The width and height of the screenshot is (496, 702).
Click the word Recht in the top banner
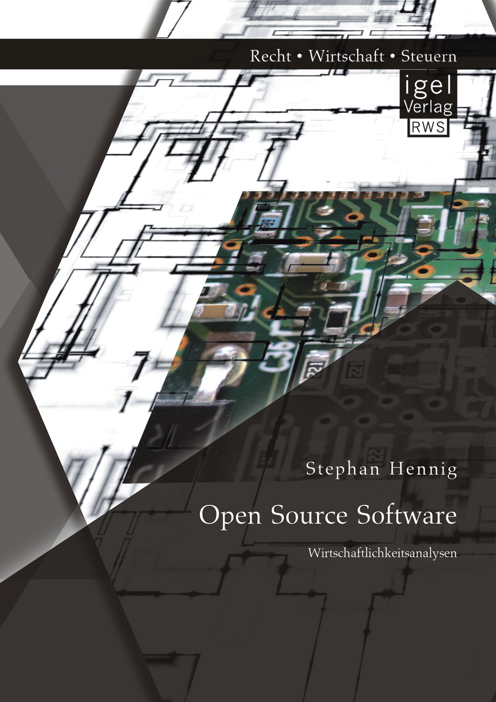coord(271,56)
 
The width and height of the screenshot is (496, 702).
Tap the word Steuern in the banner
coord(429,56)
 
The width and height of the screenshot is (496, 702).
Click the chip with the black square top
coord(339,319)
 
